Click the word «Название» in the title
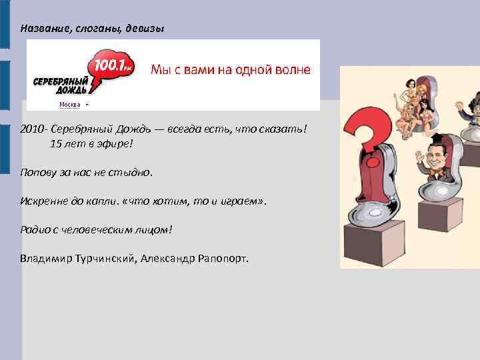pos(43,29)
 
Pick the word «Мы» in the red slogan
pos(161,69)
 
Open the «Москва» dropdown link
pos(71,105)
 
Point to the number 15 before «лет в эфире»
pos(55,143)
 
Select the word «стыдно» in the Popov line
pos(133,173)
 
